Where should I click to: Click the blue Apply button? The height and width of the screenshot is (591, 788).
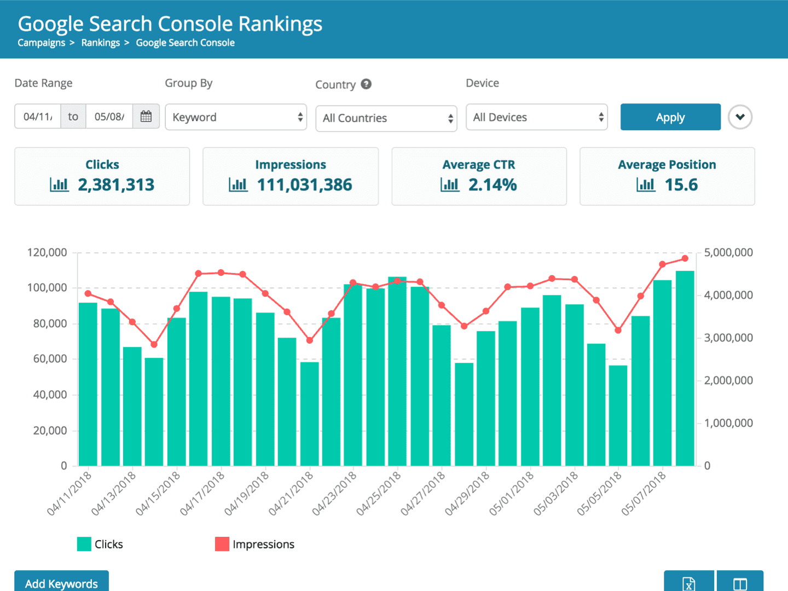point(670,117)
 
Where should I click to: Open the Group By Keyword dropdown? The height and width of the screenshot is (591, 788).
point(236,117)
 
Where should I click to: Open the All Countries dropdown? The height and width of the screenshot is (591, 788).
point(386,118)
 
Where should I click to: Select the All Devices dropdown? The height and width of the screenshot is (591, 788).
point(536,117)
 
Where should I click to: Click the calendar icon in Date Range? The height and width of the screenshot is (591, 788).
point(146,117)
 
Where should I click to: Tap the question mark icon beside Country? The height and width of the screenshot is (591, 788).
point(366,84)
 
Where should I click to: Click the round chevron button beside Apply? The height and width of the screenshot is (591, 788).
point(740,117)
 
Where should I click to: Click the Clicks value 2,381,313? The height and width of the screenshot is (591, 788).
point(116,185)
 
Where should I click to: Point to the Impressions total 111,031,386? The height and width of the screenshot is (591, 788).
point(304,185)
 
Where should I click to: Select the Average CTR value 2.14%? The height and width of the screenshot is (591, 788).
point(492,185)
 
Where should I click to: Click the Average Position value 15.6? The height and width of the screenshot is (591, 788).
point(681,185)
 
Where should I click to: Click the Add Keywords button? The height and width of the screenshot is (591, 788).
point(61,582)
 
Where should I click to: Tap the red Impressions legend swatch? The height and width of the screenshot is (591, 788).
point(222,544)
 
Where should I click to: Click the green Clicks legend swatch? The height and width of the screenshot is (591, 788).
point(84,544)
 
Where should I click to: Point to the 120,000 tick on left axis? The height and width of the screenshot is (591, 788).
point(47,252)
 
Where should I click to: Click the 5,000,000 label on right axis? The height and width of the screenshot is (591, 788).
point(728,252)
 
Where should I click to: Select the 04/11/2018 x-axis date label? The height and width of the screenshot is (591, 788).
point(69,493)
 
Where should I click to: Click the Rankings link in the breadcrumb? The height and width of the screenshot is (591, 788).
point(100,43)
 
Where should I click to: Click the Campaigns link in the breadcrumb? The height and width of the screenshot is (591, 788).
point(41,43)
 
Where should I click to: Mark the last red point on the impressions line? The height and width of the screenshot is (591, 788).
point(685,258)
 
